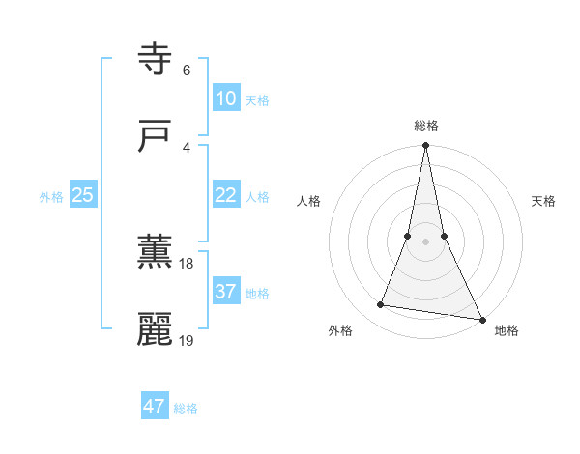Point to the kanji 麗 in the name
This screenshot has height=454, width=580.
click(x=156, y=329)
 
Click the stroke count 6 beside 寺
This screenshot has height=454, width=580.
click(x=186, y=71)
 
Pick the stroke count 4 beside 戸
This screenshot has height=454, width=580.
click(x=186, y=147)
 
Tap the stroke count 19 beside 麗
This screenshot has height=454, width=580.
click(x=187, y=340)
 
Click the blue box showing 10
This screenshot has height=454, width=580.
click(x=225, y=99)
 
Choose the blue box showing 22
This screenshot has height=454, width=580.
click(x=225, y=195)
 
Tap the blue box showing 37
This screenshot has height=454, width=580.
click(x=225, y=292)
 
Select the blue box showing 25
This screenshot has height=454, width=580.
click(x=82, y=195)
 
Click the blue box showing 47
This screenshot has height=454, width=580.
click(x=155, y=407)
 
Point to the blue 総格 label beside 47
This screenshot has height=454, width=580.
click(x=186, y=409)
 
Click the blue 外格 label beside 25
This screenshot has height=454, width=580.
click(x=51, y=197)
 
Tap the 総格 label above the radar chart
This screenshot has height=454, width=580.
click(x=426, y=126)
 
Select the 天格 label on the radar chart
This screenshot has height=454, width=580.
click(x=543, y=201)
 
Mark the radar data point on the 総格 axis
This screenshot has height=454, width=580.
click(x=425, y=147)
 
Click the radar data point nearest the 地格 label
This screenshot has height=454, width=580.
click(x=480, y=318)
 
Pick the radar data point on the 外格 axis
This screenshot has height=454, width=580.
click(x=381, y=305)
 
